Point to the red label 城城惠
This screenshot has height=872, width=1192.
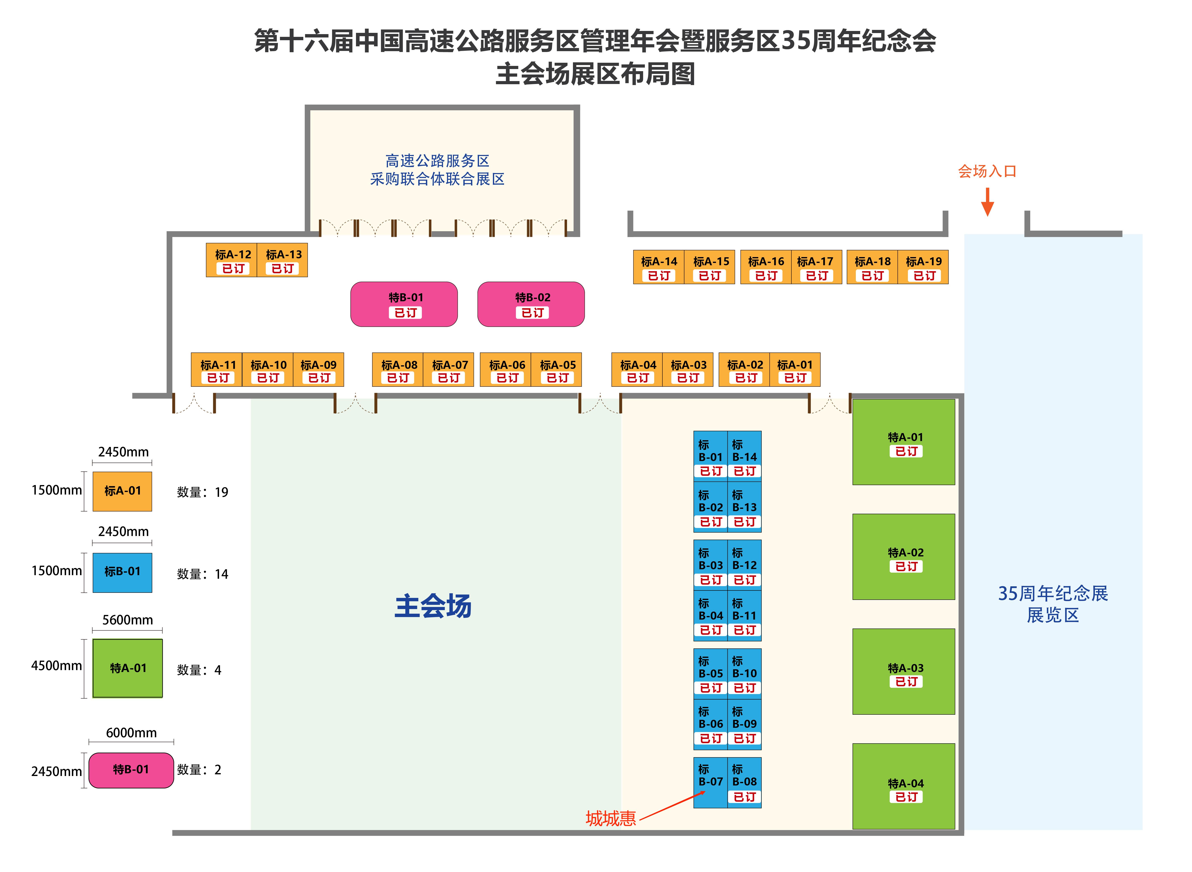610,818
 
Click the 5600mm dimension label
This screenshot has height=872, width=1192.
127,620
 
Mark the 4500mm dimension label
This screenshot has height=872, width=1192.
56,666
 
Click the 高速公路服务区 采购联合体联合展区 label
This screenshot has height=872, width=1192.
437,169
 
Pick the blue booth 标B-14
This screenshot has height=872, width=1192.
744,455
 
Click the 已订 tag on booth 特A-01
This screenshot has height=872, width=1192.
906,451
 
